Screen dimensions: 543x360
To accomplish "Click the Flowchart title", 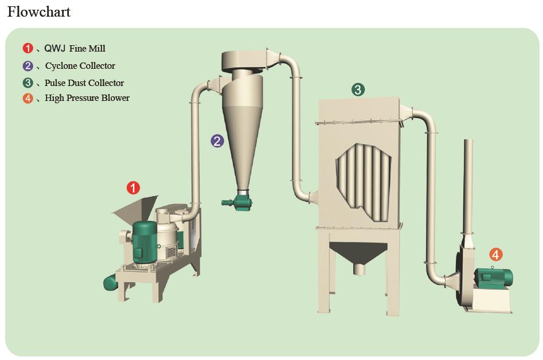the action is point(39,12).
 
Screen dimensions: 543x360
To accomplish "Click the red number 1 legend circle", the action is point(28,48).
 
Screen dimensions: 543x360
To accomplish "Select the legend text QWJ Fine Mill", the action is point(75,49).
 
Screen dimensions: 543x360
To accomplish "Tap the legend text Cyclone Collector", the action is point(80,66).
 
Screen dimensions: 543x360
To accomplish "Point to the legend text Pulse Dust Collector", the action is point(84,83).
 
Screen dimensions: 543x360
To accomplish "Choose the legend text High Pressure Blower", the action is point(87,98).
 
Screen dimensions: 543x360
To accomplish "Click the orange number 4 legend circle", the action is point(28,98).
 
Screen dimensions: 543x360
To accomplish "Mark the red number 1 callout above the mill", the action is point(134,187).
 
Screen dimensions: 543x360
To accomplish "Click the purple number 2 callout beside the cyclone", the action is point(217,141).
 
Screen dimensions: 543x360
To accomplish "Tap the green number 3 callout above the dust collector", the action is point(358,89).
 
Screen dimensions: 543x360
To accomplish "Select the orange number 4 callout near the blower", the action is point(496,255).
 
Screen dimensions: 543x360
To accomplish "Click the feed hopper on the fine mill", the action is point(135,209).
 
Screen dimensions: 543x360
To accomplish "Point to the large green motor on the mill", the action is point(144,242).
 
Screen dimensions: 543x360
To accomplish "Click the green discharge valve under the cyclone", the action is point(237,201).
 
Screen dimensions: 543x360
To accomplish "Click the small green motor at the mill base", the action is point(111,282).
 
